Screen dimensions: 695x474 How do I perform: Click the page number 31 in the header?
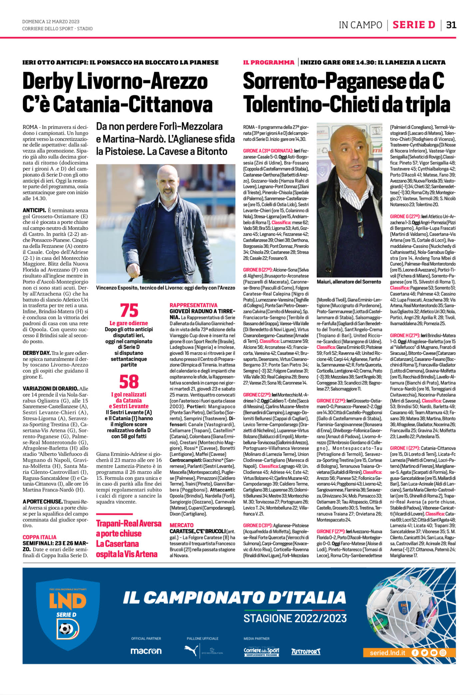click(x=451, y=25)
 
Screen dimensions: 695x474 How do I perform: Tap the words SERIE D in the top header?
click(x=414, y=25)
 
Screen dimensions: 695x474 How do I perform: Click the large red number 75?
click(x=129, y=310)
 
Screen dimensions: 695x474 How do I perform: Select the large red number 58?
click(x=129, y=382)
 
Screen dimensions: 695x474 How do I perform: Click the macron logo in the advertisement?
click(x=146, y=651)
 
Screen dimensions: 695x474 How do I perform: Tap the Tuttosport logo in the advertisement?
click(x=306, y=651)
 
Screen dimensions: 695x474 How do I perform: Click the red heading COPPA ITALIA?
click(x=39, y=537)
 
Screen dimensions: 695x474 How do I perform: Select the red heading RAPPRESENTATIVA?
click(x=193, y=305)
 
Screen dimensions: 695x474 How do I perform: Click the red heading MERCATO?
click(x=182, y=525)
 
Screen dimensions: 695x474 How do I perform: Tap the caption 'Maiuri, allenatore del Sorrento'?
click(x=349, y=282)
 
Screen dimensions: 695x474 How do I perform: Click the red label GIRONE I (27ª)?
click(x=404, y=448)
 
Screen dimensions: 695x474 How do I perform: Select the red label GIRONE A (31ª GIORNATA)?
click(x=268, y=151)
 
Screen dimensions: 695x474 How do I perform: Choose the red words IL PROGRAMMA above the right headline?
click(x=269, y=62)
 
